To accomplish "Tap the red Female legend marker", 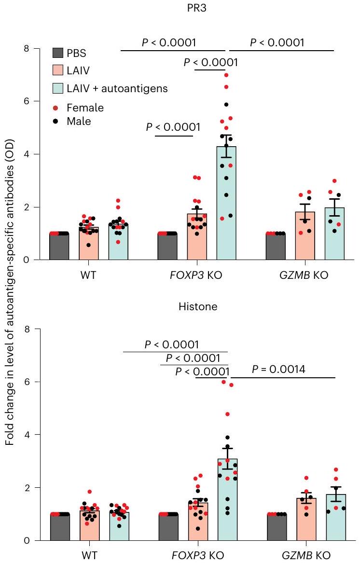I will (55, 108).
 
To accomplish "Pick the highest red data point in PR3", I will (226, 75).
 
